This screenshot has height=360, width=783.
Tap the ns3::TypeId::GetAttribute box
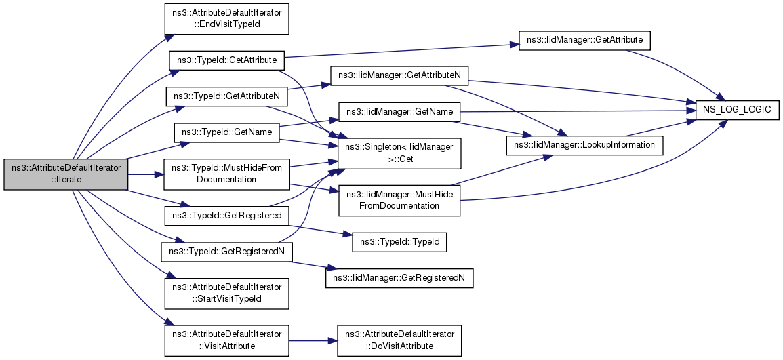click(x=226, y=60)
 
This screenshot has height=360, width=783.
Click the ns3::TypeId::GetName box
click(x=226, y=132)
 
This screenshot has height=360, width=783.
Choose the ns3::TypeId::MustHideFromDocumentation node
click(x=227, y=174)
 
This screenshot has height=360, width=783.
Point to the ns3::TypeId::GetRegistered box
click(x=226, y=216)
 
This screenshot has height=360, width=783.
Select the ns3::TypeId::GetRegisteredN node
click(x=226, y=252)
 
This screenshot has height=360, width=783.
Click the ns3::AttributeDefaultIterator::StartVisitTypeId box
click(x=227, y=293)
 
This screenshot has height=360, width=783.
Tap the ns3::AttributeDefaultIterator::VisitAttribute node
click(x=227, y=341)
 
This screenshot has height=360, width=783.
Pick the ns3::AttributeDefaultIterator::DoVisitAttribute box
click(x=399, y=341)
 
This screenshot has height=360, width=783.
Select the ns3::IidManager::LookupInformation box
click(x=585, y=145)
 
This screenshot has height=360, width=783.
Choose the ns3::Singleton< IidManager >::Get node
click(x=399, y=153)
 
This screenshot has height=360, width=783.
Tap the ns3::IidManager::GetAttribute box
click(x=584, y=41)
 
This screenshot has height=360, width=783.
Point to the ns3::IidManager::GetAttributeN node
click(x=399, y=76)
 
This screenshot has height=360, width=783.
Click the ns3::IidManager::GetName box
click(x=399, y=112)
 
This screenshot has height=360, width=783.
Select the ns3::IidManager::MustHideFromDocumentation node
click(x=399, y=200)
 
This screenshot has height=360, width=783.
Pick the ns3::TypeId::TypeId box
click(x=399, y=243)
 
